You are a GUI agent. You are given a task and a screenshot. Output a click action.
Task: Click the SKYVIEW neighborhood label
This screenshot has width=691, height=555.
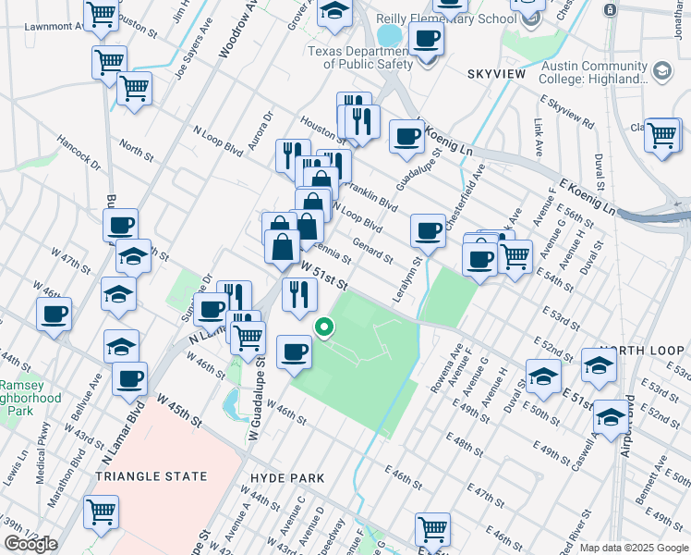click(496, 73)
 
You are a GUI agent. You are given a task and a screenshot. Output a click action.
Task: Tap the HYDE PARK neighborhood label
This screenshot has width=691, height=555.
click(287, 477)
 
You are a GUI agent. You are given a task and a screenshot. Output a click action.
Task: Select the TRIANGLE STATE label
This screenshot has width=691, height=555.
click(152, 476)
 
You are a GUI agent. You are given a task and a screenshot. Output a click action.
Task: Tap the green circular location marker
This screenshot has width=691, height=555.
click(324, 327)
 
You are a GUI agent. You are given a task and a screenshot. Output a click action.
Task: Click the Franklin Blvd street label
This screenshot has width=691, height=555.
click(376, 195)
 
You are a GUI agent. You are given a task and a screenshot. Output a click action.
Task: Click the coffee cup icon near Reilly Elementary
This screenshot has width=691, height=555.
click(426, 39)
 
